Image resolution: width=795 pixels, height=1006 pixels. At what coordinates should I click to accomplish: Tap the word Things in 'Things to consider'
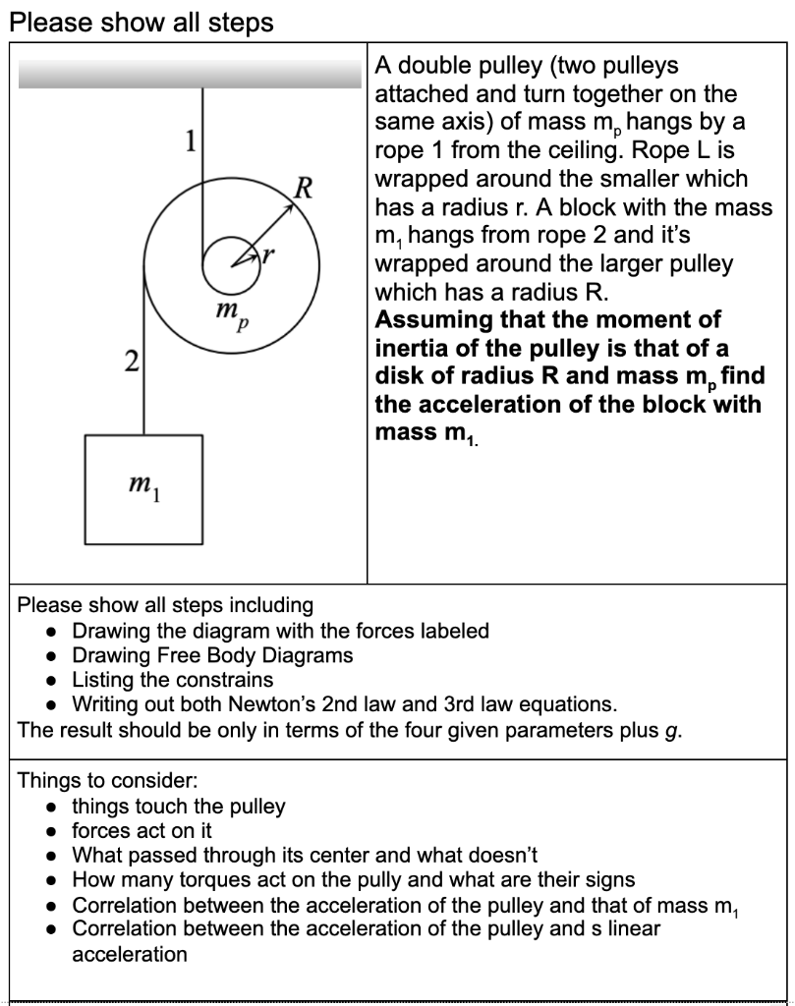click(50, 782)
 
